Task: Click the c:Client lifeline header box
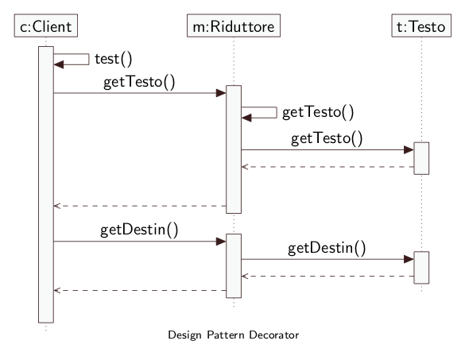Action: tap(46, 25)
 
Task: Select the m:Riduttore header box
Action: tap(234, 25)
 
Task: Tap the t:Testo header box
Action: tap(421, 25)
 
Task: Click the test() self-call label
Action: tap(114, 59)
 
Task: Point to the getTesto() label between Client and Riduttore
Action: tap(139, 82)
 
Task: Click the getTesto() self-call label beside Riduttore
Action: tap(318, 112)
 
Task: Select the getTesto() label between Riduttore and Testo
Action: tap(327, 138)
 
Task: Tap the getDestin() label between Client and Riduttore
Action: tap(139, 230)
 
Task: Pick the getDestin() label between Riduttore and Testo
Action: tap(327, 248)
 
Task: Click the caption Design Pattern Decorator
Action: tap(234, 335)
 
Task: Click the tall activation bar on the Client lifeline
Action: tap(46, 184)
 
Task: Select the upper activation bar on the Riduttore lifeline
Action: tap(234, 149)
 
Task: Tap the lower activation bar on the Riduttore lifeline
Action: tap(234, 265)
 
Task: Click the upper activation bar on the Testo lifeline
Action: tap(421, 158)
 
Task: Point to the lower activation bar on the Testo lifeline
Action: tap(421, 268)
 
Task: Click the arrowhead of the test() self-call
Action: tap(58, 64)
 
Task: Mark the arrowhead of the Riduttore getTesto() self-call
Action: tap(246, 118)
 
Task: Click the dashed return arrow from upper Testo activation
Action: tap(327, 167)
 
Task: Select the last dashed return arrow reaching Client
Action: tap(140, 290)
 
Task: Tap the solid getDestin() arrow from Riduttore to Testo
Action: tap(327, 259)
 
